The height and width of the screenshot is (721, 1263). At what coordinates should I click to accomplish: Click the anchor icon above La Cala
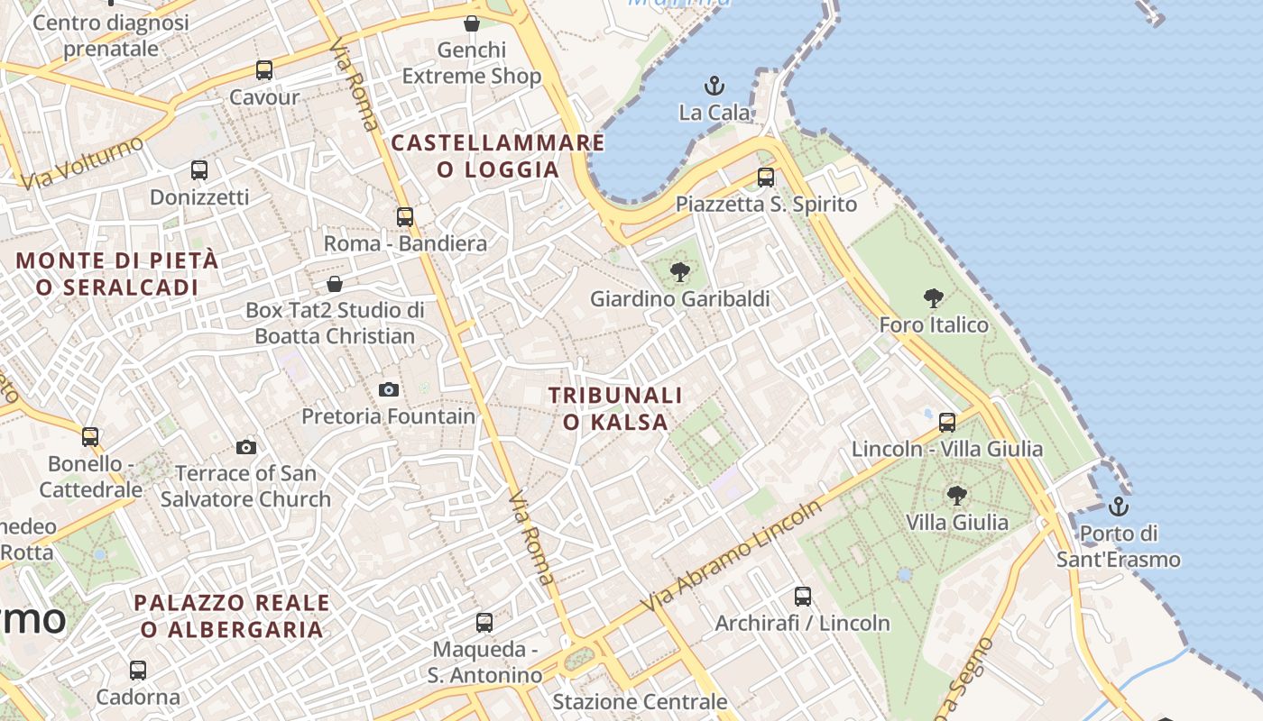pos(714,87)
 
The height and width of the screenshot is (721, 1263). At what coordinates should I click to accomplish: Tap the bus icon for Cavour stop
pos(264,70)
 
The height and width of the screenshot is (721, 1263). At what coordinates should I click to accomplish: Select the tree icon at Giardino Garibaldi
pos(680,271)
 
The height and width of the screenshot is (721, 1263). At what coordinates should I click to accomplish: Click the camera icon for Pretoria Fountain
pos(389,389)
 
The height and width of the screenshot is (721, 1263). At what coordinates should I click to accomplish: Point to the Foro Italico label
pos(934,324)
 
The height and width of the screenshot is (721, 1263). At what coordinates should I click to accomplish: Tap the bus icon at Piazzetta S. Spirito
pos(766,178)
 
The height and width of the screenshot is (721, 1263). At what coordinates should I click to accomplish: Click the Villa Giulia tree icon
pos(957,495)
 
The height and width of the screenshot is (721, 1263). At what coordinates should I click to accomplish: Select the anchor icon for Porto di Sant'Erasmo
pos(1119,507)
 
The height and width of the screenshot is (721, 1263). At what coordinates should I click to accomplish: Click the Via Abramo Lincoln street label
pos(732,555)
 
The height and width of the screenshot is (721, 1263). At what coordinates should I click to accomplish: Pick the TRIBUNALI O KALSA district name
pos(616,408)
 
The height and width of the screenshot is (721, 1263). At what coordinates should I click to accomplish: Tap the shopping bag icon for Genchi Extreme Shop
pos(471,23)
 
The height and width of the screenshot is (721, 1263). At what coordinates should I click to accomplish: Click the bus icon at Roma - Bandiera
pos(405,217)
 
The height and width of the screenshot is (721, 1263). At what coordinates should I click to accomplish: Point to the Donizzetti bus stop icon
pos(199,169)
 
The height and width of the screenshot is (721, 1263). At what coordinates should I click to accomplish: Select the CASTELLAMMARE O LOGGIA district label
pos(498,156)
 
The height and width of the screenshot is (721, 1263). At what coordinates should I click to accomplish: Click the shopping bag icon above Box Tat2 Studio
pos(335,284)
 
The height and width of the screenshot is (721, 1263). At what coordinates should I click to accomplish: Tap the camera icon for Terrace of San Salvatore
pos(245,447)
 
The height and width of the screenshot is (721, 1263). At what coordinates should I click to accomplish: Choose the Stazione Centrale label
pos(640,701)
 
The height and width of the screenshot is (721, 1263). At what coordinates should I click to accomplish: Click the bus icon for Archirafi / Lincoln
pos(803,596)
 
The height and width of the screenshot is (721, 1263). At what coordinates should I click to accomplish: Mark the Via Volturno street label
pos(82,163)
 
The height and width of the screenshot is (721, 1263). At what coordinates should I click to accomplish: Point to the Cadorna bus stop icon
pos(138,671)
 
